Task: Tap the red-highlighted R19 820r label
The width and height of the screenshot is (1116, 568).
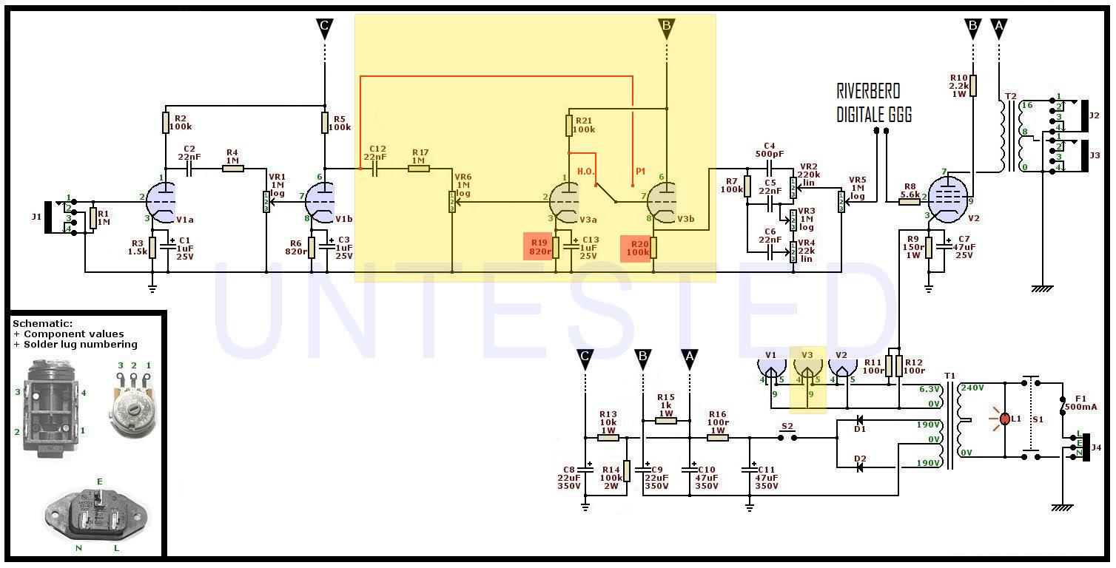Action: [540, 247]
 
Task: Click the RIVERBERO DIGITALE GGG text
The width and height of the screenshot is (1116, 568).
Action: [873, 103]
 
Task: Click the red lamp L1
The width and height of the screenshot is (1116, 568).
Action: [1004, 419]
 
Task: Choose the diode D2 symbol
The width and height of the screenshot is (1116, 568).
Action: [859, 467]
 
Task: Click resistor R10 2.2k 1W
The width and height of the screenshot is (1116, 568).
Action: [973, 85]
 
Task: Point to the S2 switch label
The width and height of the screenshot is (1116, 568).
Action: [787, 426]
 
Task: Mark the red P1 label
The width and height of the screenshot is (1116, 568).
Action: [640, 171]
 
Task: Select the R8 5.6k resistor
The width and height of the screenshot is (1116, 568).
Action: [910, 201]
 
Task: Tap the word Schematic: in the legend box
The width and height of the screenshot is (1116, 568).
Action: [43, 324]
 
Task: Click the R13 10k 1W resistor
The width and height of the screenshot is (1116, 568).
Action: [608, 437]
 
